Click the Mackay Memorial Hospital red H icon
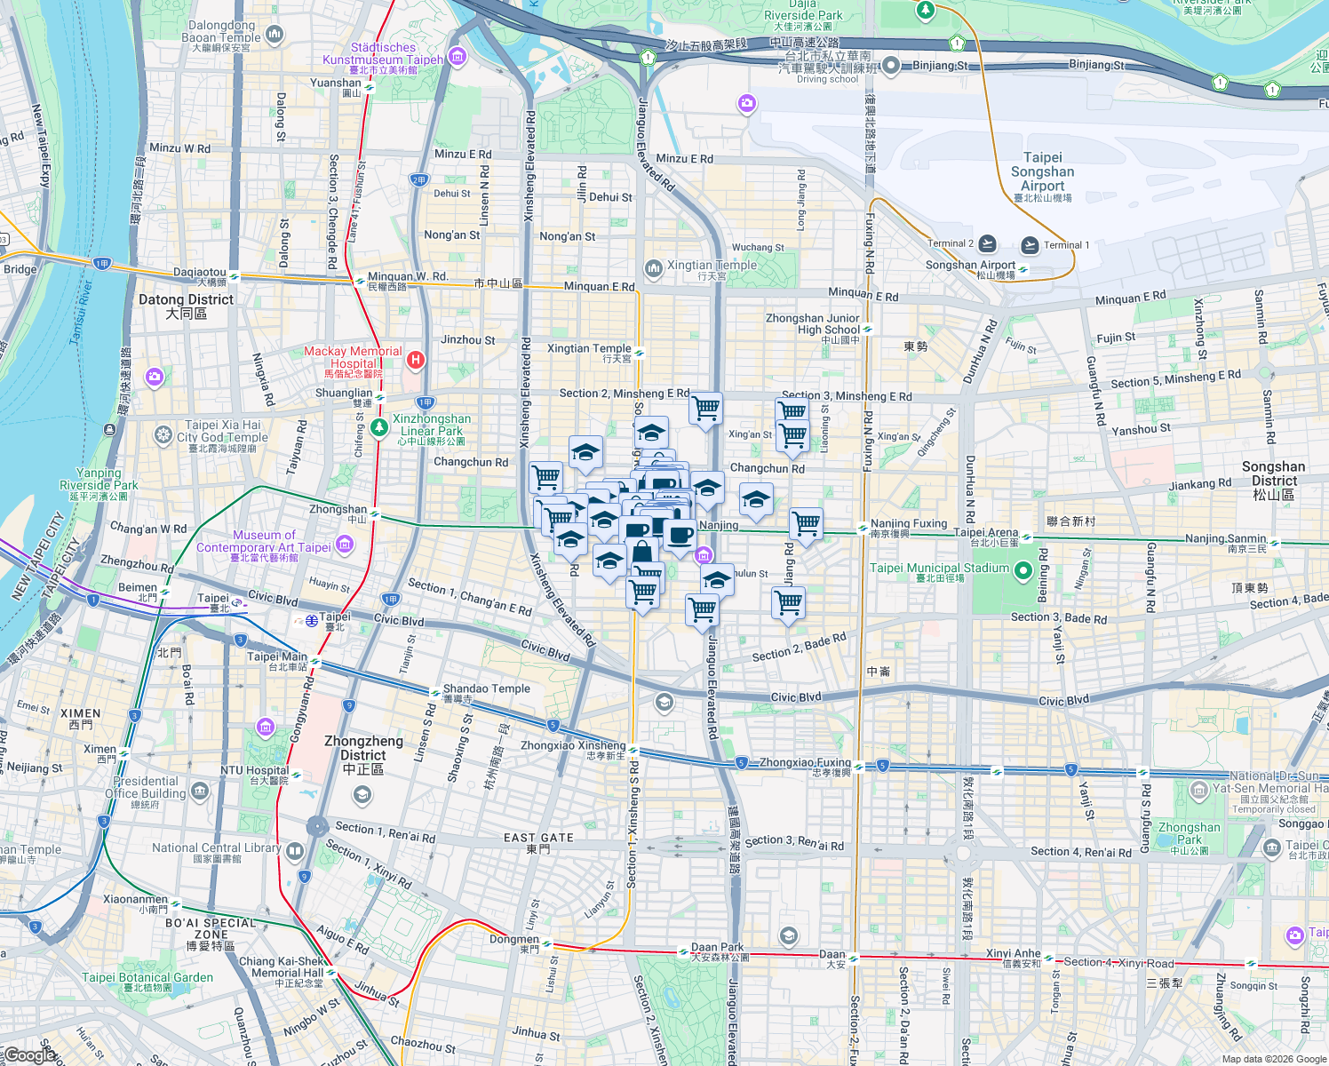point(415,361)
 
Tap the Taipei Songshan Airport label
point(1042,172)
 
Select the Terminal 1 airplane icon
point(1030,244)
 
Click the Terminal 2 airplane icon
point(988,243)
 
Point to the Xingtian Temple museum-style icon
point(654,266)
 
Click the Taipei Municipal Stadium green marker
point(1023,569)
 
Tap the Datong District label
point(186,306)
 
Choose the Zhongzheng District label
point(363,754)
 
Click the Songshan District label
point(1273,480)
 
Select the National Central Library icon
point(295,850)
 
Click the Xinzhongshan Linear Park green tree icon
point(379,427)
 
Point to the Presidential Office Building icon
point(200,789)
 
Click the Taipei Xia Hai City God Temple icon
point(163,435)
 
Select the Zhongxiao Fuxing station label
point(805,762)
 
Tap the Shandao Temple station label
point(486,688)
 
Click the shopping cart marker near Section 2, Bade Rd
point(787,603)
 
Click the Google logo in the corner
point(28,1055)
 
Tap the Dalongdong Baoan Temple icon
point(275,36)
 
